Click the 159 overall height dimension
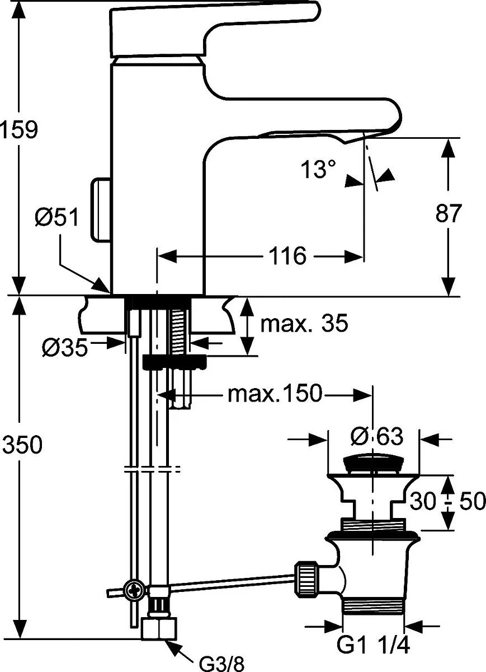(19, 129)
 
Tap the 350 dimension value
(22, 444)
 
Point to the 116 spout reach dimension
(287, 256)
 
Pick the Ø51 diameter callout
(56, 217)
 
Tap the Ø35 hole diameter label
(65, 347)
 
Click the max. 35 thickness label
(304, 323)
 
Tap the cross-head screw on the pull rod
(134, 590)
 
